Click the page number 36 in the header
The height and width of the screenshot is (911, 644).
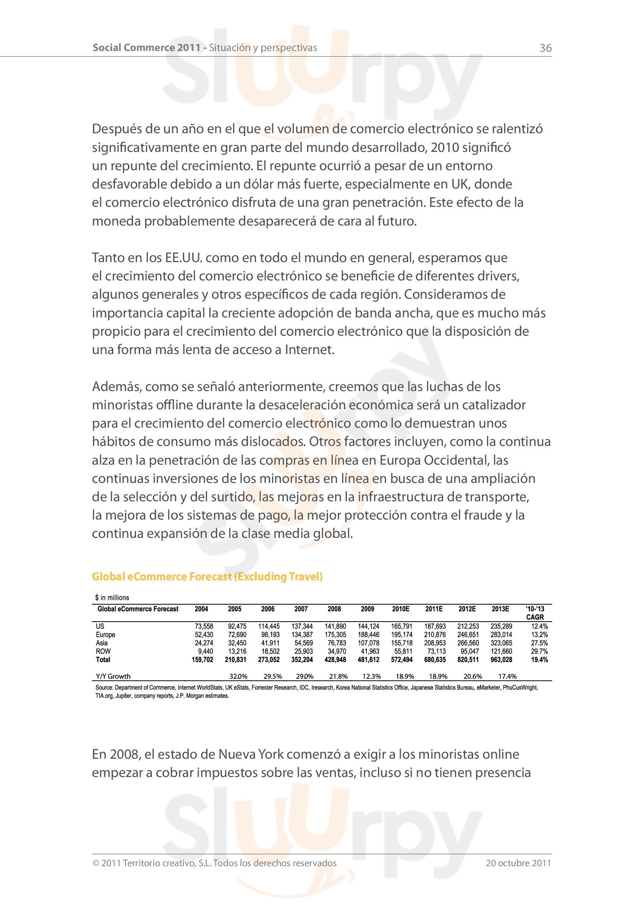point(545,48)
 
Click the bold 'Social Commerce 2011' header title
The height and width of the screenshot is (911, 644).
point(146,48)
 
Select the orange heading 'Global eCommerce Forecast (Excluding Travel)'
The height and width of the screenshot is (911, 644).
point(207,576)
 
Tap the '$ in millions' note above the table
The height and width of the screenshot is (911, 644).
point(112,597)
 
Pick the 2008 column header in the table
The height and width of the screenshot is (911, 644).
point(334,609)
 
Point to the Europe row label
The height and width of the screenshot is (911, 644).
point(105,634)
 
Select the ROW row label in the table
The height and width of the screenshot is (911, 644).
point(103,651)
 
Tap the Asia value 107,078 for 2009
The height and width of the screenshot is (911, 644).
point(368,643)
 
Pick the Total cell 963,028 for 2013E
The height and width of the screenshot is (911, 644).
point(501,659)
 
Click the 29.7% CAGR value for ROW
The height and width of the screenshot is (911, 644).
point(539,651)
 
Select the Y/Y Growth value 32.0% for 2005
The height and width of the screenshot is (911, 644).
point(238,676)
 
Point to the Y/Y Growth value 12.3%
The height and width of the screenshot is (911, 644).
point(371,676)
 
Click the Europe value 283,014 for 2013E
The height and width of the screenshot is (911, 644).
point(501,634)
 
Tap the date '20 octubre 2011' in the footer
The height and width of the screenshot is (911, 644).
point(518,863)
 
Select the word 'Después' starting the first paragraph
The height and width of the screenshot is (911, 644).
point(115,129)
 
